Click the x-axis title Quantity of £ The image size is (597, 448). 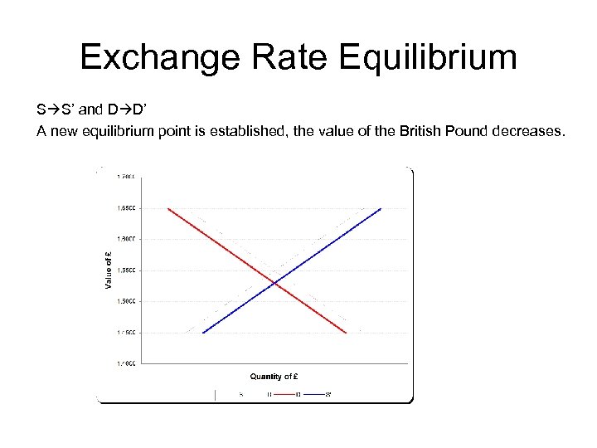coord(274,377)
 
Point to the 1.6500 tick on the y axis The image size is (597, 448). coord(127,208)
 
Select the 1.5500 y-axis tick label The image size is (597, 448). coord(127,270)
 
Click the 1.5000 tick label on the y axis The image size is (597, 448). coord(127,301)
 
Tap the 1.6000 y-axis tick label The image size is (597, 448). coord(127,239)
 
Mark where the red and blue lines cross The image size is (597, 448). coord(275,285)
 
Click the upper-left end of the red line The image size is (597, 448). coord(168,208)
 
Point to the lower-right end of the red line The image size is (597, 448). coord(346,333)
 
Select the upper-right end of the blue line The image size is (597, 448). coord(381,208)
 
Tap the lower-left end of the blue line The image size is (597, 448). coord(203,333)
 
